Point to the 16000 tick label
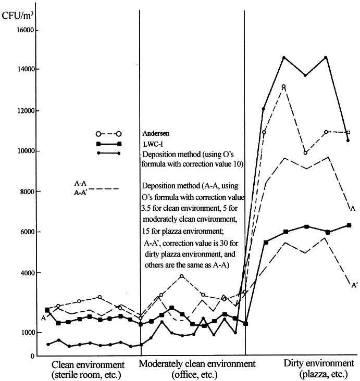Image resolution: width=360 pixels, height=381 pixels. coord(24,30)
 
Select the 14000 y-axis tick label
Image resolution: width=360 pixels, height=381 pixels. coord(24,69)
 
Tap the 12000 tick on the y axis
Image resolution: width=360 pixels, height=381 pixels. coord(24,111)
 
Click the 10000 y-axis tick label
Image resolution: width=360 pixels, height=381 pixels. coord(24,151)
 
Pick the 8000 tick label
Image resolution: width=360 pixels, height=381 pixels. coord(26,192)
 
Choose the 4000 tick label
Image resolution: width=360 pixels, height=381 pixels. coord(26,273)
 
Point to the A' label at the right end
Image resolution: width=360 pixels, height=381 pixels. coord(354,285)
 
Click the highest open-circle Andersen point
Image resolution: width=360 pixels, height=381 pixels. coord(284,86)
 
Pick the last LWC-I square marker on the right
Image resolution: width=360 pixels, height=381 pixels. coord(349,225)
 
